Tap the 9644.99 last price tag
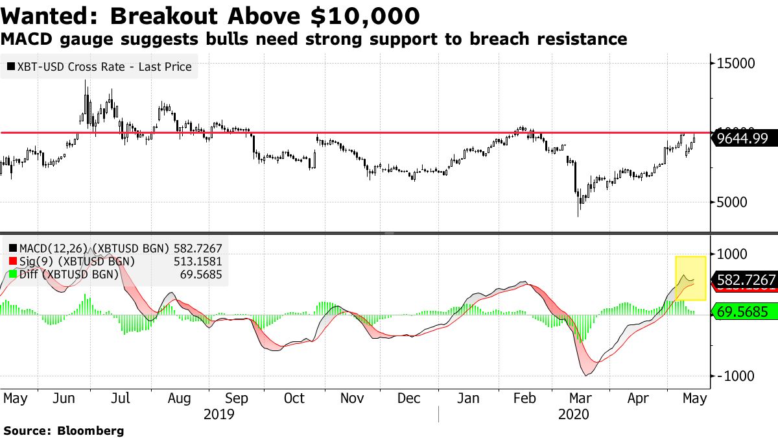click(x=744, y=138)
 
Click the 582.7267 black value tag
click(x=745, y=280)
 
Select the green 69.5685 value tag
click(x=745, y=312)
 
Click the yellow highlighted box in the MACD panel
click(x=690, y=278)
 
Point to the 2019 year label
click(x=218, y=414)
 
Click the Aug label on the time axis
click(x=180, y=398)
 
